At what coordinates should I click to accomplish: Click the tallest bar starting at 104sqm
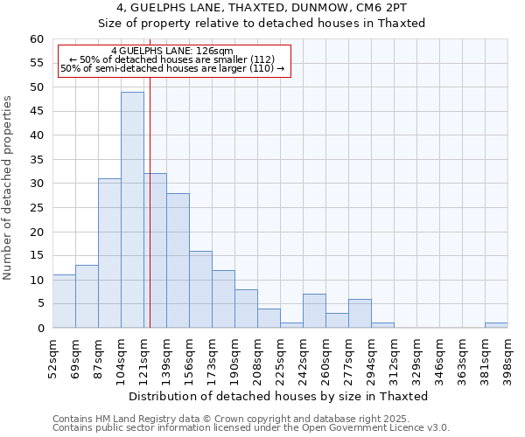[132, 210]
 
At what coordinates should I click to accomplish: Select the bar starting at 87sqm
[109, 253]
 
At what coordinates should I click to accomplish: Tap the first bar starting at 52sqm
[64, 302]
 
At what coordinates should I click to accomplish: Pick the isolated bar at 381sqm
[496, 325]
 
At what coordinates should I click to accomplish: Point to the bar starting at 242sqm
[314, 311]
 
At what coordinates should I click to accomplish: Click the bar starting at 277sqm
[360, 314]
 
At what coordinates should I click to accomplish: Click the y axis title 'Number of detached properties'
[9, 188]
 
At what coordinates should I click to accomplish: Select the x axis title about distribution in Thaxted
[280, 396]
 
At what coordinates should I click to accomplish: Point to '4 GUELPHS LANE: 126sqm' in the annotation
[172, 52]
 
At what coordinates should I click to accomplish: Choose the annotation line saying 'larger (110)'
[172, 68]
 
